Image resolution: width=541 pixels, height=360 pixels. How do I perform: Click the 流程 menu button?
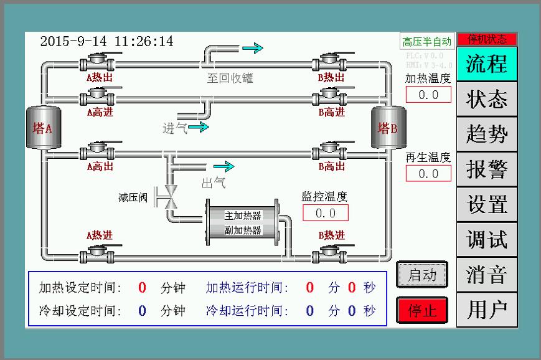[486, 64]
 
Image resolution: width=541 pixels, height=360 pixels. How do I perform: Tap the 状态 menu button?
[486, 99]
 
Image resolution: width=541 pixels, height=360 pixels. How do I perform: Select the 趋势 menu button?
[486, 134]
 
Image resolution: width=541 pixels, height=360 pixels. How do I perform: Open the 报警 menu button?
[486, 169]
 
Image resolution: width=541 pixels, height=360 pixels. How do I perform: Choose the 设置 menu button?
[486, 204]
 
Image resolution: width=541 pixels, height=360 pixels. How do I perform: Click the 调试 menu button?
[486, 239]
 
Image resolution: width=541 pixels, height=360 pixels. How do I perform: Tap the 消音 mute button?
[486, 275]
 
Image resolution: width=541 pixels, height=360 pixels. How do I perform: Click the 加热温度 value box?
[428, 95]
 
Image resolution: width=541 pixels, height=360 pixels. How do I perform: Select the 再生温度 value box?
[428, 173]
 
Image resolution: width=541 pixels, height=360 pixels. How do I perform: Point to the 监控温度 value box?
[325, 213]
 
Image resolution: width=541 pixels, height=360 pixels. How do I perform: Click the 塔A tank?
[42, 128]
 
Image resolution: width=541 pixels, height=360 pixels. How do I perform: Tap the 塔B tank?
[388, 128]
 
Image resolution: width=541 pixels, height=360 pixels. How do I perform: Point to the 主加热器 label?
[243, 216]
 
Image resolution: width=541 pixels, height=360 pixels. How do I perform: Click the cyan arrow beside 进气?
[199, 128]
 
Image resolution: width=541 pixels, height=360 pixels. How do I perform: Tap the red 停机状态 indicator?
[486, 39]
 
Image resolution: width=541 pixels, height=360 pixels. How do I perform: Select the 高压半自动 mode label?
[426, 42]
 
